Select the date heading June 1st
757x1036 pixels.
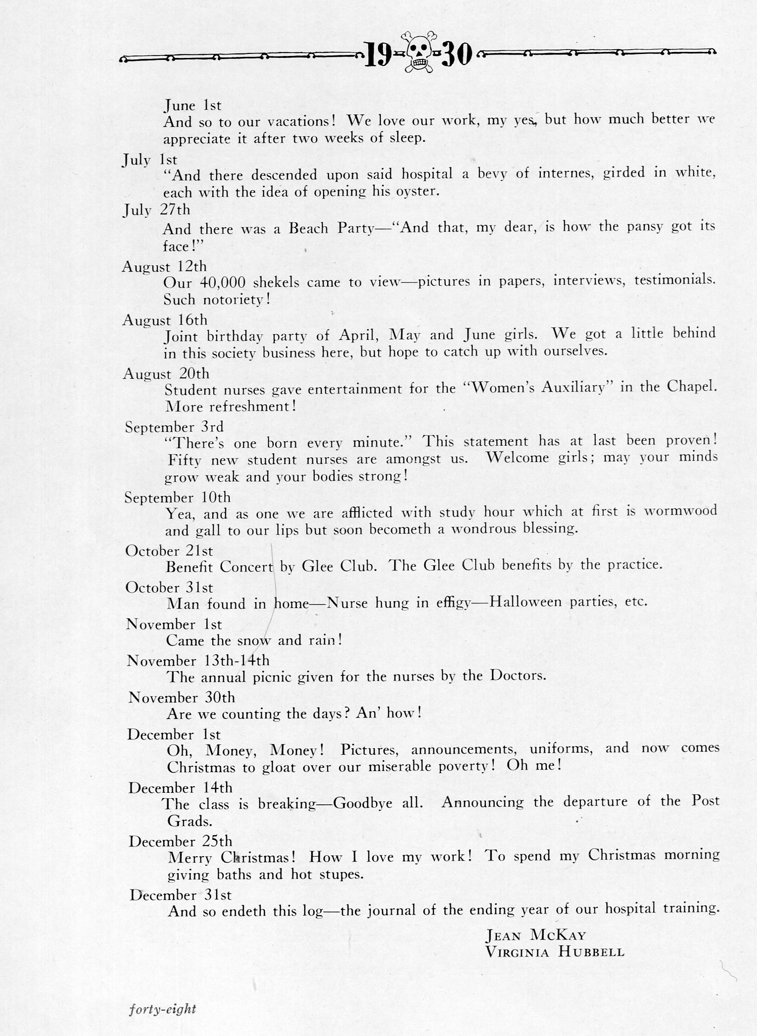(193, 105)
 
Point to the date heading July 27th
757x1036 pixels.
(156, 210)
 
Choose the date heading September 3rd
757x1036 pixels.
(174, 426)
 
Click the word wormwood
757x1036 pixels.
(680, 511)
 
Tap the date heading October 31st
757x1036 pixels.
(169, 587)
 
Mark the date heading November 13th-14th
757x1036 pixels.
(198, 661)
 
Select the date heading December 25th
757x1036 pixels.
(180, 841)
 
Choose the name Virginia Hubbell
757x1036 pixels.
(555, 952)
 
